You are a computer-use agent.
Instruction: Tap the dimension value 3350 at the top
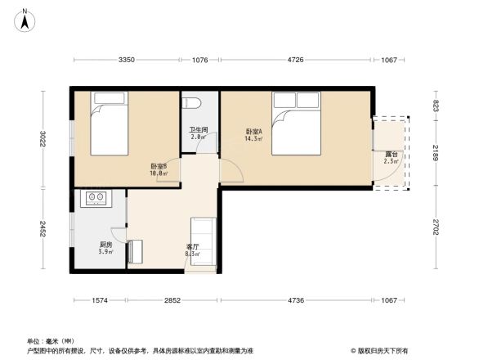[126, 60]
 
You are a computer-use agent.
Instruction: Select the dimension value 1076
[200, 60]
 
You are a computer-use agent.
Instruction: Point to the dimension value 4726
[295, 60]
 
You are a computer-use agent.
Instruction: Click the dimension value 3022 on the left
[43, 140]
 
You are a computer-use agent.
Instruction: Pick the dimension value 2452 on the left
[43, 228]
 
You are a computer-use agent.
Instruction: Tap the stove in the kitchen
[96, 197]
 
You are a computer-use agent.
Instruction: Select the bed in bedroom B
[109, 124]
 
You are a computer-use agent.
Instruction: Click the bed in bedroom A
[296, 124]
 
